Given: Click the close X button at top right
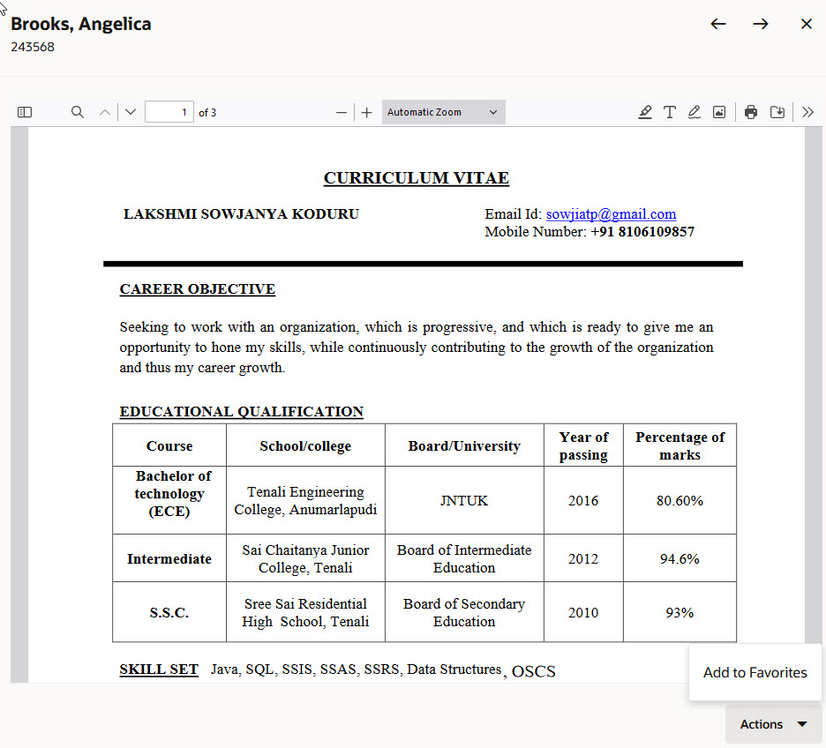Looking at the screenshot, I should (806, 24).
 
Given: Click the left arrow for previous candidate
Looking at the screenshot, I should (718, 24).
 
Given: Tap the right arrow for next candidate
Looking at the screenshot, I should (761, 24).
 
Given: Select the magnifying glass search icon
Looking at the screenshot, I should (78, 112).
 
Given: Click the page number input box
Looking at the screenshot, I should (169, 112).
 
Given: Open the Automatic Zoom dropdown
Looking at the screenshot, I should (443, 112).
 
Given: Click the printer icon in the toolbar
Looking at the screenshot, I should (751, 112).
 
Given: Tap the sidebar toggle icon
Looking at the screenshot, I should (25, 112).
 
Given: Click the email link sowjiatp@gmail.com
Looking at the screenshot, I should (611, 213).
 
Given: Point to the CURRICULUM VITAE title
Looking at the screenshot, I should (416, 178).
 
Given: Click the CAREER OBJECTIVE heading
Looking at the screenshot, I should (198, 289).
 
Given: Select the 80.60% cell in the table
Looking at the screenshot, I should (680, 500).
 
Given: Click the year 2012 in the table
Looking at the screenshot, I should (582, 558).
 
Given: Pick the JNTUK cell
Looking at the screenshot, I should (464, 500).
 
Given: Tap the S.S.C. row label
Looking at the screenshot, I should (169, 612).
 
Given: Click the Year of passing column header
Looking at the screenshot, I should (583, 445).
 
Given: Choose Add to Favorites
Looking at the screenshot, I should (755, 672).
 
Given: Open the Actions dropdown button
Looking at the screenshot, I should (773, 724).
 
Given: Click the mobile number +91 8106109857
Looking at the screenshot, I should (642, 232).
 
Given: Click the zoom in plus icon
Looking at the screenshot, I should (367, 112).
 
